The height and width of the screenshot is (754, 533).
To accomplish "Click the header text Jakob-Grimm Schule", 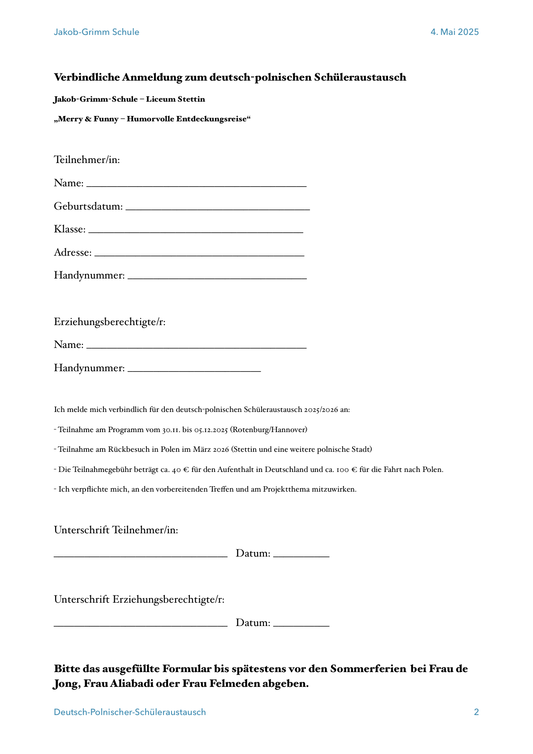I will (x=96, y=32).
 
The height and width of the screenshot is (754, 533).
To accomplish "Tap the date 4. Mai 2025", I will (x=455, y=32).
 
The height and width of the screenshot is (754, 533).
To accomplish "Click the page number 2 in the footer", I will (x=476, y=712).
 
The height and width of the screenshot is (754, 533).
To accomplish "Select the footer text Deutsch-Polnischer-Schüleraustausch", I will (x=130, y=712).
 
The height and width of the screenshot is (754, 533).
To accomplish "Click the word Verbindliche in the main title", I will (x=87, y=77).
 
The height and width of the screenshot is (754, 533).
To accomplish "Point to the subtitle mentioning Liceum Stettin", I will (x=129, y=99).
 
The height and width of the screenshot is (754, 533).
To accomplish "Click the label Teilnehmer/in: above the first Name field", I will (x=87, y=160).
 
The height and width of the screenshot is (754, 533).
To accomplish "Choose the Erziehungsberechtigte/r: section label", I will (x=110, y=322).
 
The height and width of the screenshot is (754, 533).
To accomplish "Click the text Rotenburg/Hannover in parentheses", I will (x=269, y=430).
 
